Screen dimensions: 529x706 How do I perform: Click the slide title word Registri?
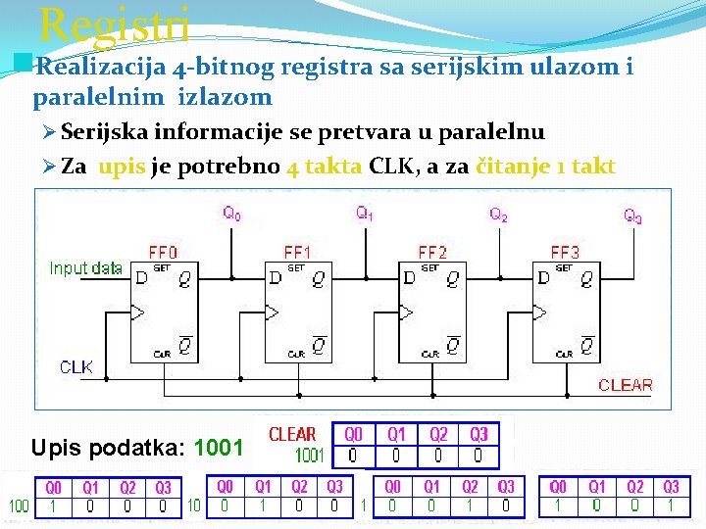[x=114, y=24]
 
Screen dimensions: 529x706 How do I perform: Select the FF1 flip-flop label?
[x=296, y=252]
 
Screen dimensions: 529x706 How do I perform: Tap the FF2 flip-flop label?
[x=431, y=252]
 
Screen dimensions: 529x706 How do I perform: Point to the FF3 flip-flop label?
[x=565, y=252]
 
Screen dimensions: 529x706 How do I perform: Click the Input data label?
[x=86, y=267]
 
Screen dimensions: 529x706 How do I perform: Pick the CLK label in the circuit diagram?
[x=76, y=367]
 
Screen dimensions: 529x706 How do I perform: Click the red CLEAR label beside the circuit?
[x=625, y=385]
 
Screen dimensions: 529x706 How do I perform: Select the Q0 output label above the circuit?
[x=231, y=212]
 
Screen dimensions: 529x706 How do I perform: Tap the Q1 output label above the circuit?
[x=365, y=212]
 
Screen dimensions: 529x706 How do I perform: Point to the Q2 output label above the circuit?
[x=499, y=213]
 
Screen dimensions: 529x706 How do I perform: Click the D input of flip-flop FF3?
[x=544, y=279]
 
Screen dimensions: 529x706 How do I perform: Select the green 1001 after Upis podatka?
[x=219, y=449]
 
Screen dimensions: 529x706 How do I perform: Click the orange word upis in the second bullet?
[x=124, y=166]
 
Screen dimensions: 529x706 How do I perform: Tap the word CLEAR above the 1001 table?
[x=292, y=434]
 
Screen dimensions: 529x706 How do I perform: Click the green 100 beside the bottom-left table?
[x=19, y=506]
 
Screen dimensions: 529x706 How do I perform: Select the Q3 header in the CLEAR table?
[x=478, y=434]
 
